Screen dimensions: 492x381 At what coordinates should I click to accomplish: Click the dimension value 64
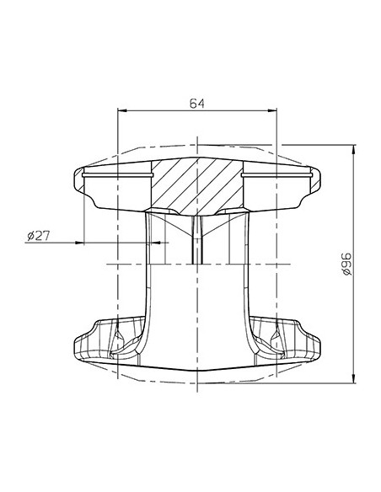pos(197,104)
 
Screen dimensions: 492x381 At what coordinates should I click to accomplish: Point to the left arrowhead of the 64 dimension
pos(120,112)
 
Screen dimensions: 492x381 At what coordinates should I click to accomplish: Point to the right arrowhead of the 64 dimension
pos(276,112)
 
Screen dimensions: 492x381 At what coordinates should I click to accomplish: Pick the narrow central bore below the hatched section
pos(196,240)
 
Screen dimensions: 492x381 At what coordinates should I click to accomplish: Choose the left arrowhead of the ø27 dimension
pos(84,244)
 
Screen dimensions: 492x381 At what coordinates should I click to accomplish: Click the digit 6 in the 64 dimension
pos(193,104)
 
